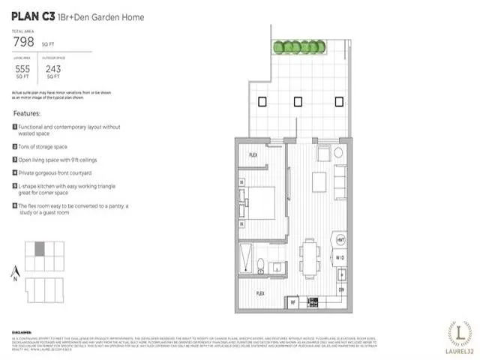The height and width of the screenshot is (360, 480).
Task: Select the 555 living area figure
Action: coord(22,67)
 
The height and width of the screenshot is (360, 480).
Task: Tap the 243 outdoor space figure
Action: coord(53,67)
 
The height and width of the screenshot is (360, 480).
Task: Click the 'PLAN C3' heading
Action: coord(32,15)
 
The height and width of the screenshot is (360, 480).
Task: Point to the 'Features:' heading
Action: coord(26,113)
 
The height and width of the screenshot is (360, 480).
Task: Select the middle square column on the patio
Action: coord(298,102)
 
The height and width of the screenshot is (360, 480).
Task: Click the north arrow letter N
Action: coord(14,278)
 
